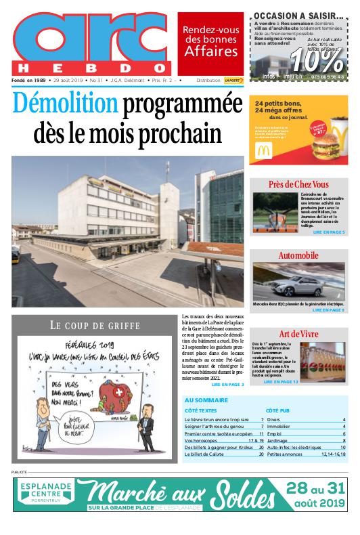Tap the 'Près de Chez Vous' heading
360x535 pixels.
298,184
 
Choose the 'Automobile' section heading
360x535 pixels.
298,255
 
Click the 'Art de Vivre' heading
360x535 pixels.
298,334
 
